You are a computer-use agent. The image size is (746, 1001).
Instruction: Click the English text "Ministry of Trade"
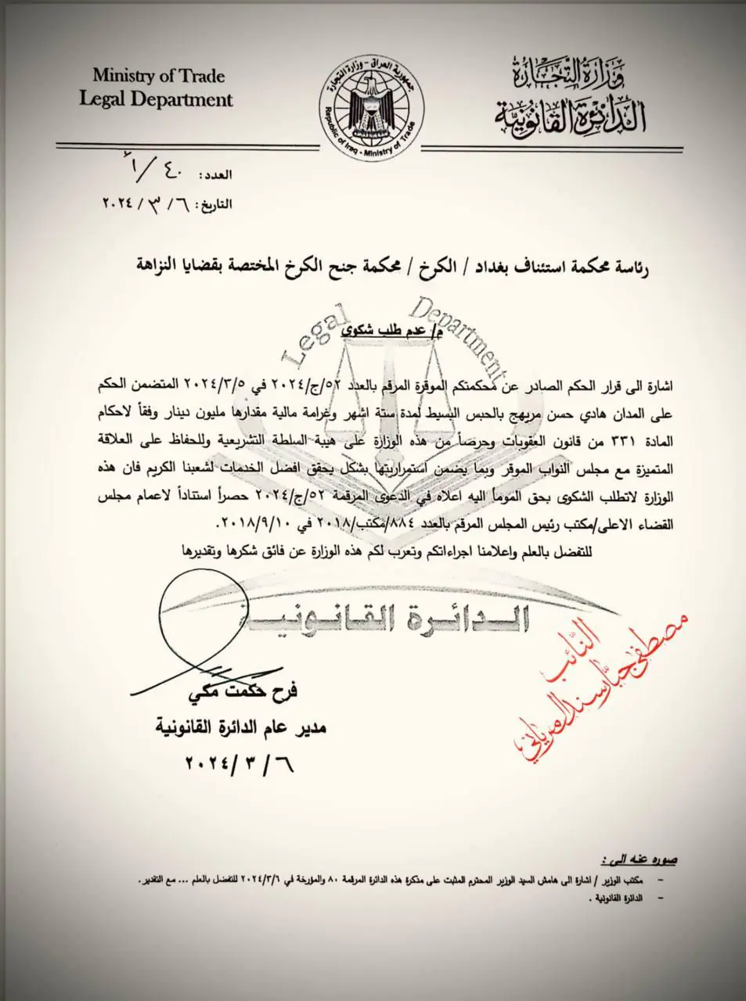159,76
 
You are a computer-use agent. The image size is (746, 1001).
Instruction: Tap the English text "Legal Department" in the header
156,99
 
